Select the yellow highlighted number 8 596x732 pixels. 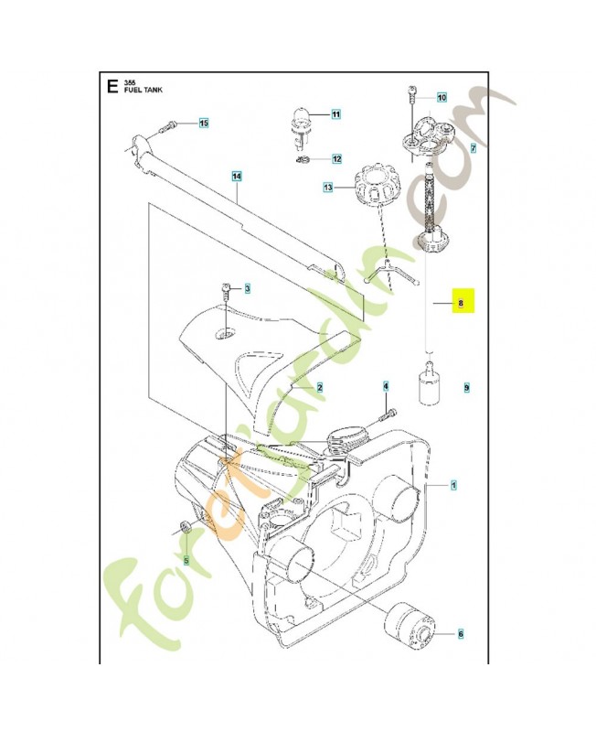point(462,302)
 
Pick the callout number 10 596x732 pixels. point(442,97)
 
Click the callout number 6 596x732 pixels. point(460,632)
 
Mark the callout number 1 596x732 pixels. point(454,484)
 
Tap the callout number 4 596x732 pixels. point(386,387)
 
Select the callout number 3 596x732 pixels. point(246,289)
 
